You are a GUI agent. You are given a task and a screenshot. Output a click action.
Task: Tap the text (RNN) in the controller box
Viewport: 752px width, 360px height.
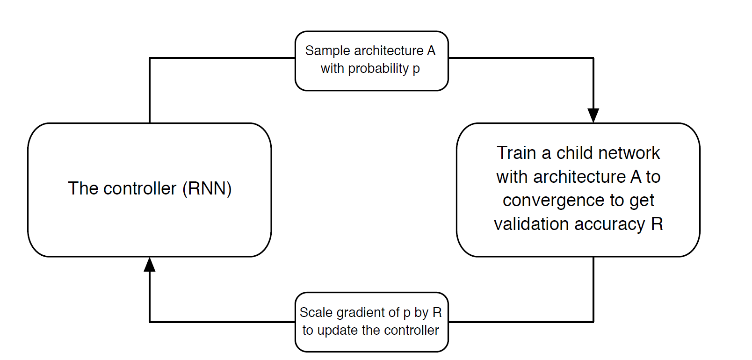click(x=207, y=188)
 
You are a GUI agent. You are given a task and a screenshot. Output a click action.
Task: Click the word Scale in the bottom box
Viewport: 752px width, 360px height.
click(x=316, y=312)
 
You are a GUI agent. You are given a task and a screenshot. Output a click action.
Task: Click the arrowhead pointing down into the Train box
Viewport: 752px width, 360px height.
click(x=593, y=115)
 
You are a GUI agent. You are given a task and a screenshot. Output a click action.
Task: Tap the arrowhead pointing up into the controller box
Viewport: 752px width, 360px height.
click(x=149, y=264)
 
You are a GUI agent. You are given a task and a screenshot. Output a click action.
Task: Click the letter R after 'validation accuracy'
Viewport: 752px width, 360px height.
click(x=657, y=224)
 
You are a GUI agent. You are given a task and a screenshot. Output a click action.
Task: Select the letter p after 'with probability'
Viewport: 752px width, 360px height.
click(x=416, y=70)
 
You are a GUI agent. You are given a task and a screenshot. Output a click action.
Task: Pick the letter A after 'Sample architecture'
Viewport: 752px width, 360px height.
click(x=431, y=51)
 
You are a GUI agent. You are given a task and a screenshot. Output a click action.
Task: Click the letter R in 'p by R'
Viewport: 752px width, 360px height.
click(x=437, y=312)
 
